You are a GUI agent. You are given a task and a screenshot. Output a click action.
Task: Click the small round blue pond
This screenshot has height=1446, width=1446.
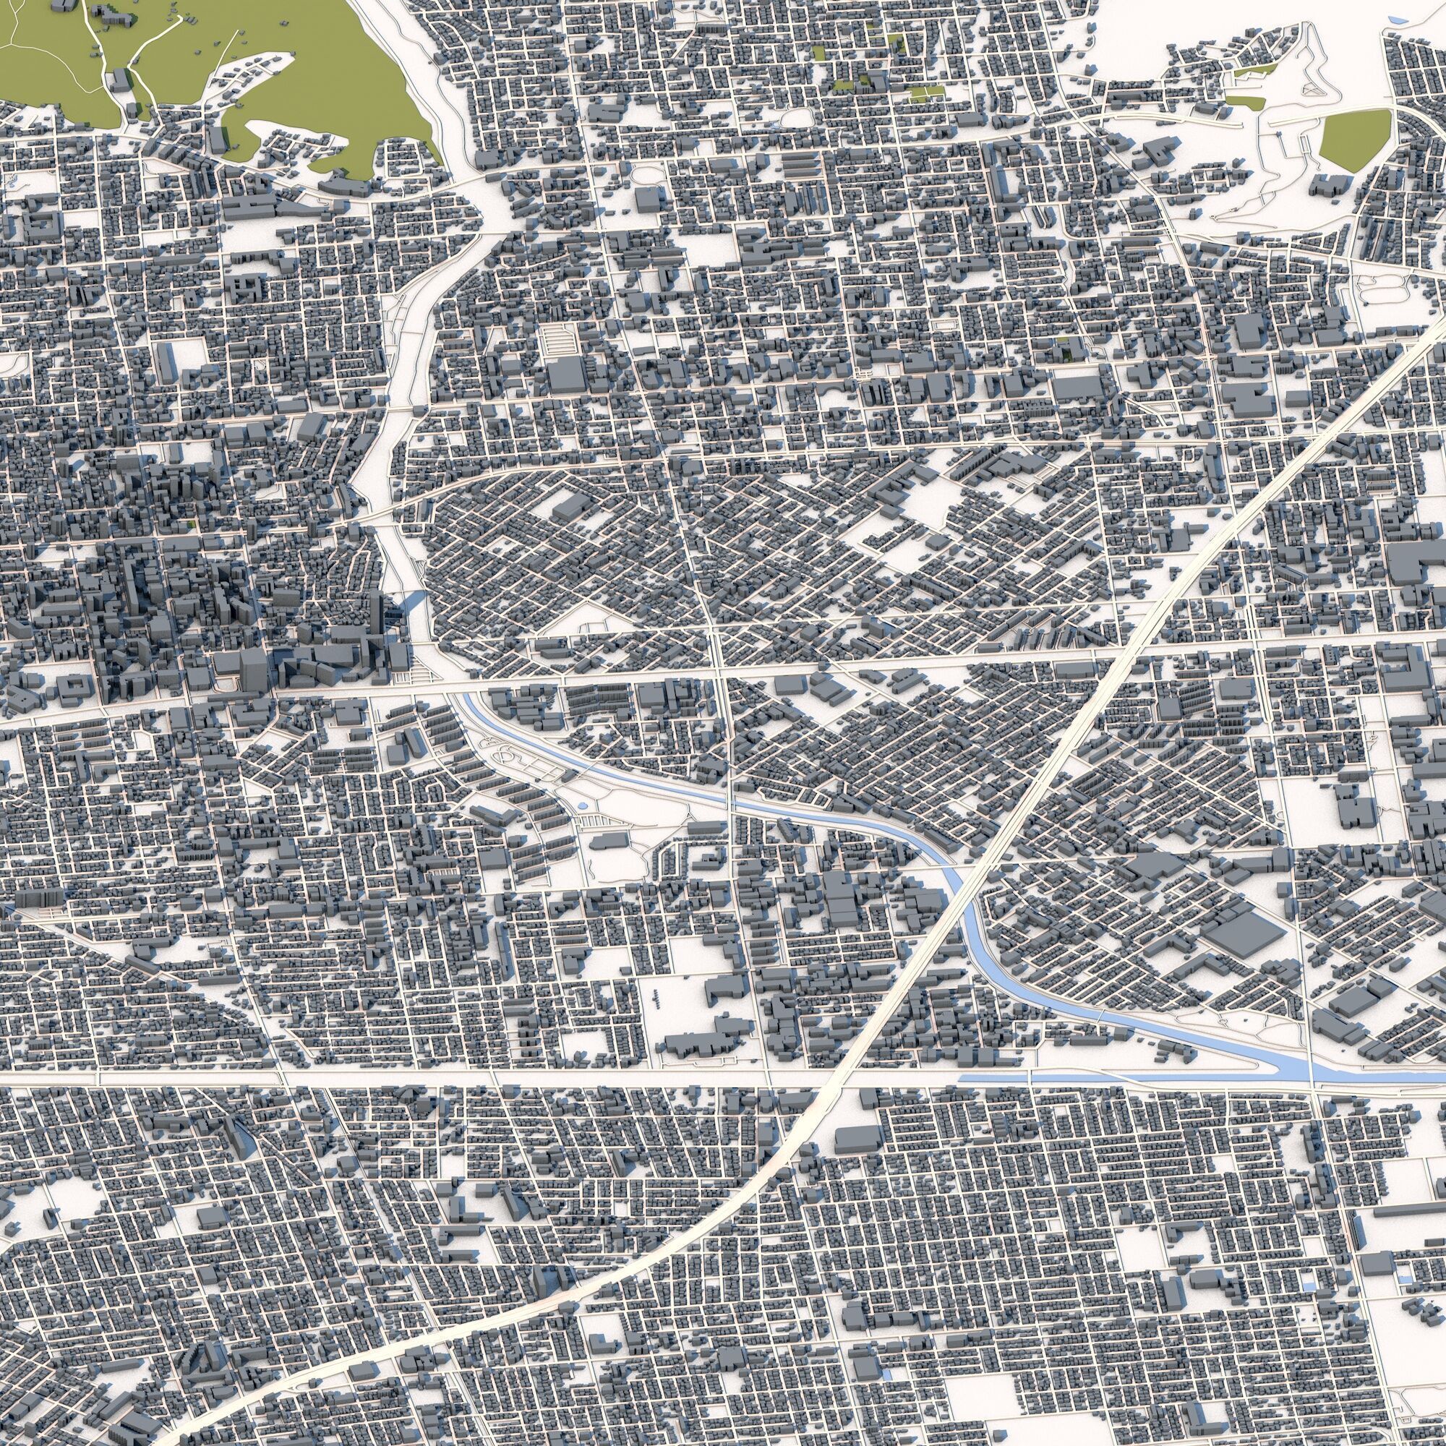(x=583, y=805)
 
